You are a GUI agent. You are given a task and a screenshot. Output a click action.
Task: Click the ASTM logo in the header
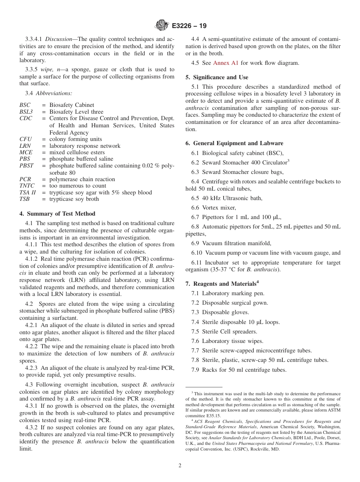pyautogui.click(x=162, y=26)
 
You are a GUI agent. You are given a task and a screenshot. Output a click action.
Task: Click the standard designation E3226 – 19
pyautogui.click(x=189, y=26)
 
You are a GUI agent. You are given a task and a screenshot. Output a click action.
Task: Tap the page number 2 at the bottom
pyautogui.click(x=180, y=465)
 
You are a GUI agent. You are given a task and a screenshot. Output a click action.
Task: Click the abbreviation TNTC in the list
pyautogui.click(x=26, y=186)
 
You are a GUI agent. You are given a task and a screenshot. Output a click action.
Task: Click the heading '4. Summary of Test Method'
pyautogui.click(x=57, y=214)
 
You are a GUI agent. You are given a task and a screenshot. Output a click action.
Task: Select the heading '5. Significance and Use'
pyautogui.click(x=218, y=77)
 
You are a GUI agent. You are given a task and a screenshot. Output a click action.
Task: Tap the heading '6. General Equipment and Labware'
pyautogui.click(x=234, y=143)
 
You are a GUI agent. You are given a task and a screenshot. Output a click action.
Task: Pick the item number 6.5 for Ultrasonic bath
pyautogui.click(x=195, y=198)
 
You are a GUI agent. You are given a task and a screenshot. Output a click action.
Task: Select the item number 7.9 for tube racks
pyautogui.click(x=195, y=370)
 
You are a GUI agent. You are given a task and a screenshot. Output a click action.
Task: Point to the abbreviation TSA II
pyautogui.click(x=27, y=192)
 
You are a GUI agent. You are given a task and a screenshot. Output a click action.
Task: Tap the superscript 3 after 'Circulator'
pyautogui.click(x=288, y=161)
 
